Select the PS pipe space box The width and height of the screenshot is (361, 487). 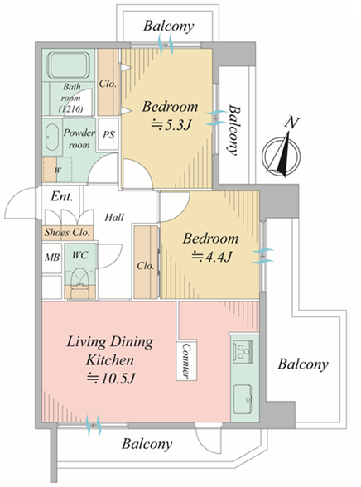click(x=108, y=134)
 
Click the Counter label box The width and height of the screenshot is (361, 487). click(x=186, y=360)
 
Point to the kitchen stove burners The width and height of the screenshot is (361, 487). click(x=243, y=351)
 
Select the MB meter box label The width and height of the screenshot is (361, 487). click(x=52, y=258)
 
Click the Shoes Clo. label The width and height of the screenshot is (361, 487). click(x=67, y=232)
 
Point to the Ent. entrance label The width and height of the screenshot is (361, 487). click(x=62, y=196)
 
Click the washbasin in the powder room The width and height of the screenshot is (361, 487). click(x=52, y=137)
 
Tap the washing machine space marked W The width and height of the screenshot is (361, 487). click(x=57, y=169)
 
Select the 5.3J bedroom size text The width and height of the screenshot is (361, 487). click(x=171, y=126)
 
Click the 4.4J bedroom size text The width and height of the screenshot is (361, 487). click(x=212, y=257)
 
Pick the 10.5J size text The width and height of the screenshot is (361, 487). click(x=110, y=379)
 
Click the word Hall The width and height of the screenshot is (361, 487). click(x=114, y=217)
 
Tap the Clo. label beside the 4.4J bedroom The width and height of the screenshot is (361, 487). click(x=146, y=266)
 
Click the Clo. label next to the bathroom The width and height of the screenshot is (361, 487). click(x=108, y=84)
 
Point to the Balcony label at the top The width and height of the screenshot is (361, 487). click(x=169, y=27)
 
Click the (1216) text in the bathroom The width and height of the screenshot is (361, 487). click(x=70, y=109)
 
